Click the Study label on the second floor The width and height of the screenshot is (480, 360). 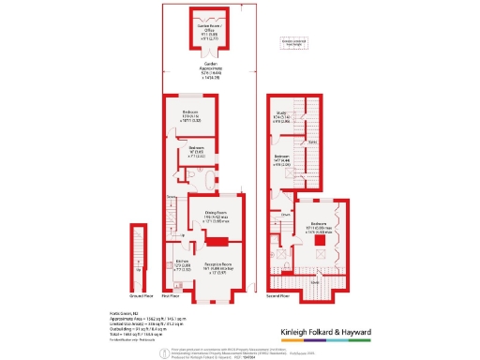pyautogui.click(x=280, y=116)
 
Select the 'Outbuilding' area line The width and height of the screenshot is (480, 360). pyautogui.click(x=130, y=327)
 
